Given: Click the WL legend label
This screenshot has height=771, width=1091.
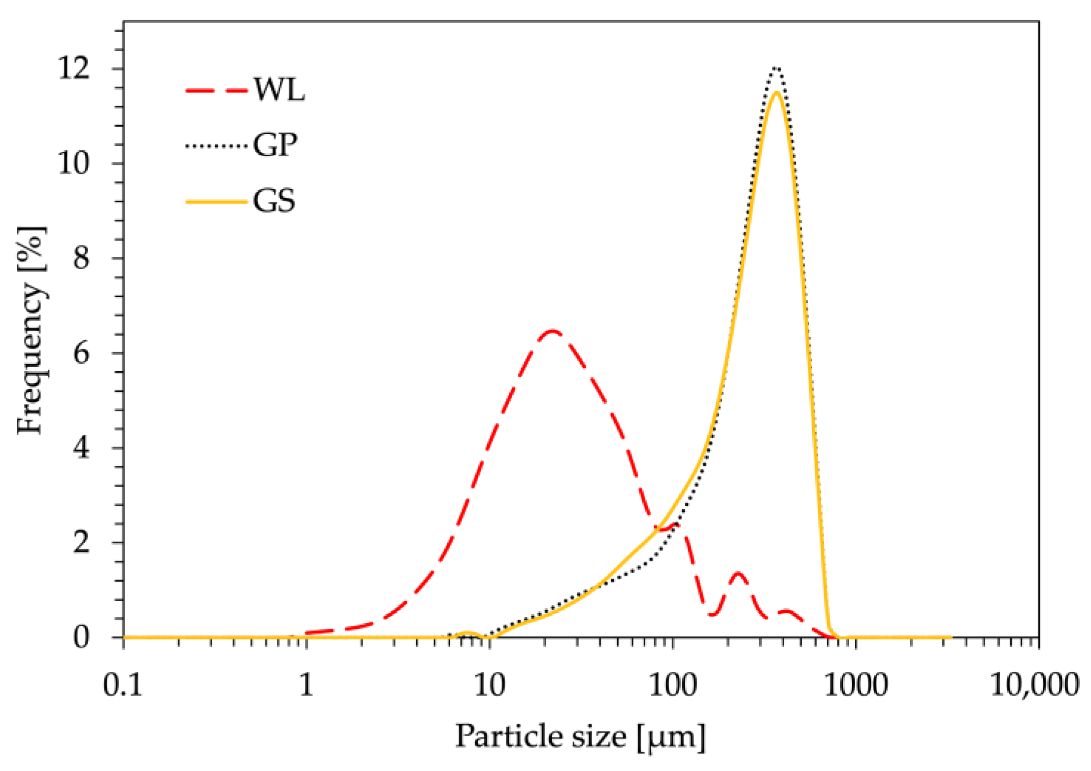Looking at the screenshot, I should click(279, 90).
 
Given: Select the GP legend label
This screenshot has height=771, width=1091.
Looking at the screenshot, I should click(275, 145).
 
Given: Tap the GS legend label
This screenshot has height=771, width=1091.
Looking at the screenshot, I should click(274, 201).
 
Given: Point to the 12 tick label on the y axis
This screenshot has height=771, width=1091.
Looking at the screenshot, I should click(74, 69).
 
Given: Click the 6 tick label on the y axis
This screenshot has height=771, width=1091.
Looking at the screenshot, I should click(81, 353).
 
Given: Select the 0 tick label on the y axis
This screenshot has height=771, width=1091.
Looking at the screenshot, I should click(81, 637).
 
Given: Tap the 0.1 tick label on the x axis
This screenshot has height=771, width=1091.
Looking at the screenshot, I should click(123, 685).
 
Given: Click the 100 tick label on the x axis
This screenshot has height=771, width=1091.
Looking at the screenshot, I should click(672, 685).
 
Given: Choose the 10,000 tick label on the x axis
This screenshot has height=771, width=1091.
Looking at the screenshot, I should click(1034, 685).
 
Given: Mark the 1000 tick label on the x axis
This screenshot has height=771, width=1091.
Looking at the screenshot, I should click(856, 685).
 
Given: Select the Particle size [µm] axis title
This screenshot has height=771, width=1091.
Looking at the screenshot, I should click(580, 737).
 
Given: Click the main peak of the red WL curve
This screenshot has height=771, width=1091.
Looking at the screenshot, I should click(552, 331).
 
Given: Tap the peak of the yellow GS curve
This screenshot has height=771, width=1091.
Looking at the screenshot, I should click(777, 92).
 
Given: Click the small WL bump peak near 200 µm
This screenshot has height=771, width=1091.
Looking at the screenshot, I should click(737, 573).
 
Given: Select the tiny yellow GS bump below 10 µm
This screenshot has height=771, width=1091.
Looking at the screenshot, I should click(466, 632).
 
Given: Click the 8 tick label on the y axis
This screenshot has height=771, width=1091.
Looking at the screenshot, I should click(81, 258).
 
